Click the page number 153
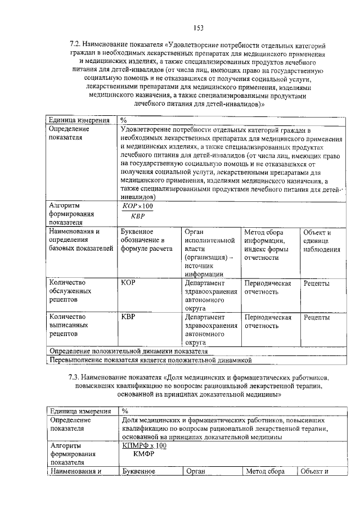198,28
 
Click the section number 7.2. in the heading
76,44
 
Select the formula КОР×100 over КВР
137,211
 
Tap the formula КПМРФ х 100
145,445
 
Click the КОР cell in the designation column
128,283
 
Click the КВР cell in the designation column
128,317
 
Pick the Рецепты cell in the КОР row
317,283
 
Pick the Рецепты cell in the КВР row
317,317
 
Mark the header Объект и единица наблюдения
321,241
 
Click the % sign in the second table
125,412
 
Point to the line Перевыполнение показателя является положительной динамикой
151,359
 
